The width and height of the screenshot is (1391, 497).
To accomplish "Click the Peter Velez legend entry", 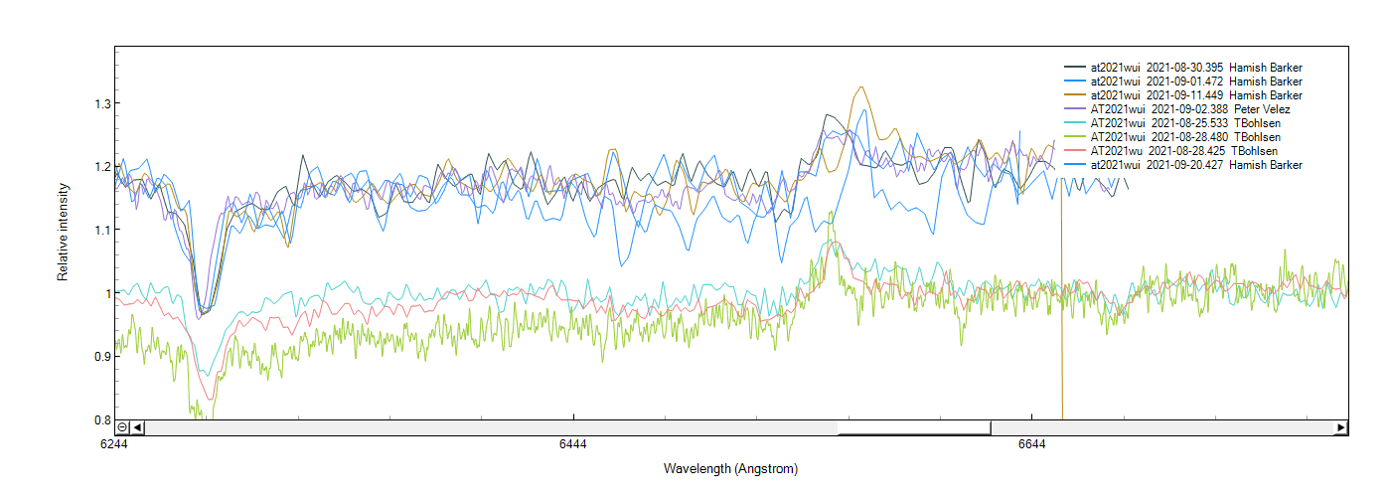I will point(1182,109).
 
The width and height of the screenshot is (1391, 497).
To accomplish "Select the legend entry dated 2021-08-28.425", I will point(1182,151).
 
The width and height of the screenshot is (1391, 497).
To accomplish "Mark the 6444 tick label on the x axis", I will point(573,444).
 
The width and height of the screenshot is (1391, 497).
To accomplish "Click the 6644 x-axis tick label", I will point(1032,444).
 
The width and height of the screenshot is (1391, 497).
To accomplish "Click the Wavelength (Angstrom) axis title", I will point(730,468).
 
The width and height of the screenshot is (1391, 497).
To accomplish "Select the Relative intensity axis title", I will point(63,231).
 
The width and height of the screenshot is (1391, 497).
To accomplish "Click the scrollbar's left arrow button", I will point(137,427).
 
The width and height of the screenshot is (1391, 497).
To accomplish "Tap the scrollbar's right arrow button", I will point(1340,427).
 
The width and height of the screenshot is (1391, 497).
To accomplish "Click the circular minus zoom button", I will point(122,427).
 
